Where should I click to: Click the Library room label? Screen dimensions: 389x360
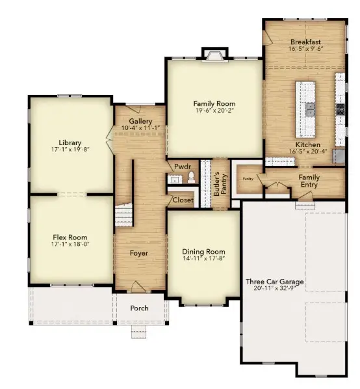tap(70, 142)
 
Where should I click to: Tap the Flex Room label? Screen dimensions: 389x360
tap(70, 237)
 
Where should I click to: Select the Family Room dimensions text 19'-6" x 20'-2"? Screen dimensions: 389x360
tap(214, 111)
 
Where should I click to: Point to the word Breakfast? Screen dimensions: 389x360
tap(305, 42)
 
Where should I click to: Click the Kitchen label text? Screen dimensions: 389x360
tap(308, 144)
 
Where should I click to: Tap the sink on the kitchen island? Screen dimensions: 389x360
tap(310, 108)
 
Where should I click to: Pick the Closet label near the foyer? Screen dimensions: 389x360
tap(183, 200)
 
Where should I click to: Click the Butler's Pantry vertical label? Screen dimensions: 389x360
tap(219, 183)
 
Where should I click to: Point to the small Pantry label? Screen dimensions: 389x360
tap(248, 178)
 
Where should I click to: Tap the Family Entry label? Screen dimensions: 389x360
tap(309, 181)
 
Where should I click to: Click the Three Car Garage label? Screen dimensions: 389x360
tap(283, 282)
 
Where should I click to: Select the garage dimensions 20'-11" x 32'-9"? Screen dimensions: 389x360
tap(283, 291)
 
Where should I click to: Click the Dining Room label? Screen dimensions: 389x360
tap(204, 252)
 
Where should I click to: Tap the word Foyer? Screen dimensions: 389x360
tap(138, 253)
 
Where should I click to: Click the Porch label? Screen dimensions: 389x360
tap(139, 308)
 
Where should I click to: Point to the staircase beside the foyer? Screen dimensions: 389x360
tap(123, 215)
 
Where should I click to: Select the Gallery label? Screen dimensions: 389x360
tap(140, 121)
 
